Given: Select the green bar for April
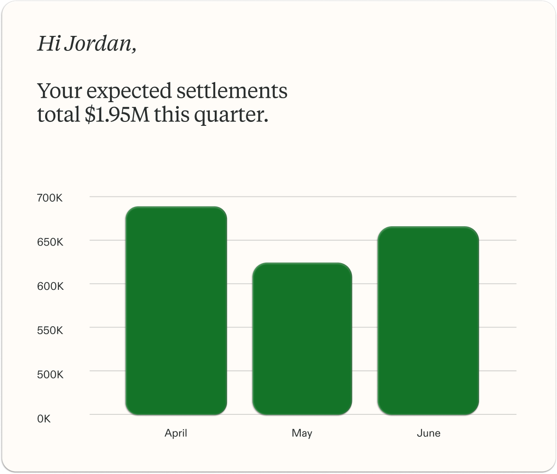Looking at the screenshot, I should (x=176, y=310).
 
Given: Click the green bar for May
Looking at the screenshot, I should (x=302, y=339).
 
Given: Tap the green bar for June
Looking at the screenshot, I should (x=428, y=321).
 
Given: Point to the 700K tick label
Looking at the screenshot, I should (x=50, y=198).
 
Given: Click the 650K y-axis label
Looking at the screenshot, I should (x=50, y=242).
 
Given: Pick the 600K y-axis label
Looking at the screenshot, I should (x=50, y=286).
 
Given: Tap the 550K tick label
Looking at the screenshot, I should (x=50, y=330).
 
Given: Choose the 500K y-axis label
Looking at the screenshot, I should (x=50, y=374).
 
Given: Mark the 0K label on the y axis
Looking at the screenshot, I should (x=44, y=419).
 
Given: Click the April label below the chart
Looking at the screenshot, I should (x=176, y=433).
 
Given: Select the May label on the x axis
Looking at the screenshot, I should (x=302, y=433).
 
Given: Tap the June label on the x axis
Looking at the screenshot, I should (x=429, y=433).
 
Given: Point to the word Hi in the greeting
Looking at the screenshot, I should (x=48, y=44).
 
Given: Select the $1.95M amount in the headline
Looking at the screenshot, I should (x=117, y=114).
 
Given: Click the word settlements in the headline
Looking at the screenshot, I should (x=232, y=91).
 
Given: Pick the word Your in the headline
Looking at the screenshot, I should (x=60, y=91).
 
